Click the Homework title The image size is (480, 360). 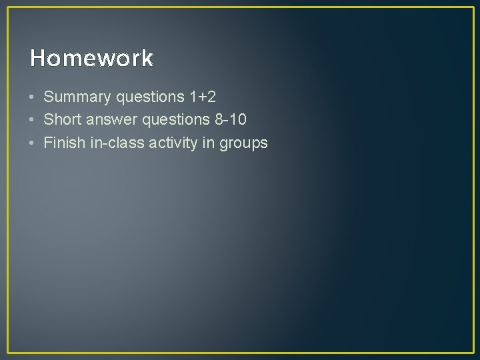[x=91, y=59]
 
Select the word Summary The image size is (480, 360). [x=77, y=97]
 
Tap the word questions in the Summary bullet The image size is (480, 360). [x=151, y=97]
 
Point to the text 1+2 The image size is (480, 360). [x=203, y=97]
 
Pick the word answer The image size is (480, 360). [x=105, y=120]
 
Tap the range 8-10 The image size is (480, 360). [x=229, y=120]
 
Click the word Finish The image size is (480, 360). [x=63, y=143]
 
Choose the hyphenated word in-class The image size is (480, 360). [x=116, y=143]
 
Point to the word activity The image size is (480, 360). [x=176, y=143]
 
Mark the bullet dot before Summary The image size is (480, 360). [x=32, y=97]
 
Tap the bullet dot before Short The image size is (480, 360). [x=32, y=120]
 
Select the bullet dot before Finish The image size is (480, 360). [x=32, y=143]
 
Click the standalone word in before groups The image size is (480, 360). [x=211, y=143]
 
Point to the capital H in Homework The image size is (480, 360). [x=37, y=59]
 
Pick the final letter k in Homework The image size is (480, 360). [x=147, y=59]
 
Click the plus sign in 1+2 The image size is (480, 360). [x=203, y=98]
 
